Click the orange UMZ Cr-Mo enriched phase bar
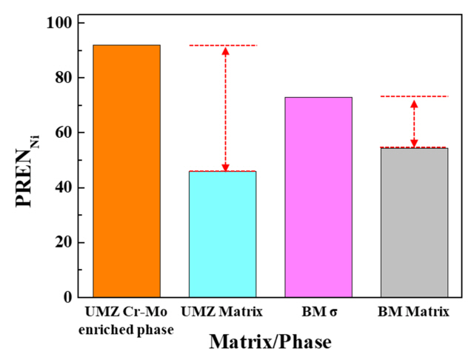(127, 171)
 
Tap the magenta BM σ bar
(318, 197)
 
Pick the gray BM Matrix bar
(414, 222)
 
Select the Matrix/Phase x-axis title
(270, 342)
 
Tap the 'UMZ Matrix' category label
(222, 313)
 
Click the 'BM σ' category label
(318, 313)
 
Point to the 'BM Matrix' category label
(414, 313)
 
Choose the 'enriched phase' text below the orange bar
(126, 329)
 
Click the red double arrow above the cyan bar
(226, 109)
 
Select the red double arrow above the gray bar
(414, 122)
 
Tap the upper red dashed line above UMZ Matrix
(223, 46)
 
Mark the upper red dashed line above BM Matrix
(414, 96)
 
